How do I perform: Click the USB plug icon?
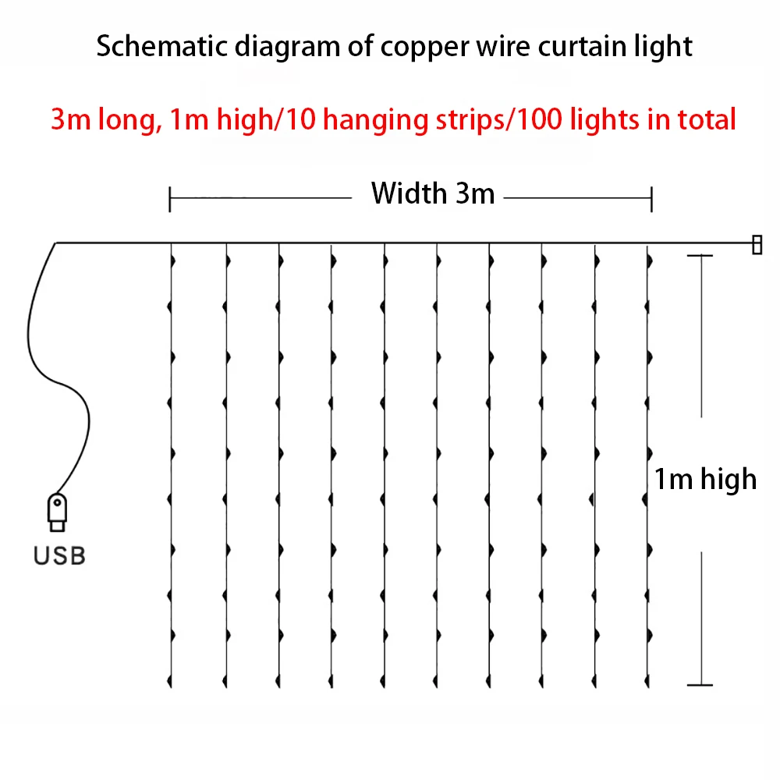click(x=57, y=512)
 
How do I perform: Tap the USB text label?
click(x=59, y=555)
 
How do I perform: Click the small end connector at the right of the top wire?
click(x=757, y=245)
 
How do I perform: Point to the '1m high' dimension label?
click(x=705, y=479)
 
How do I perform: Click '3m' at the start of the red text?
click(x=71, y=119)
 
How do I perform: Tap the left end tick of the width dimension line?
click(x=169, y=199)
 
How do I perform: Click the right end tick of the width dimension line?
click(x=651, y=199)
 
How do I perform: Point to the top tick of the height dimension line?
click(x=700, y=256)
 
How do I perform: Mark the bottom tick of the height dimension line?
click(x=700, y=685)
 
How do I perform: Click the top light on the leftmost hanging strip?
click(x=173, y=261)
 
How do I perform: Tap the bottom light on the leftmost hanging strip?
click(x=169, y=681)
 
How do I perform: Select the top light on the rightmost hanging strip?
click(x=650, y=261)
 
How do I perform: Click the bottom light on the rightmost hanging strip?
click(x=647, y=681)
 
